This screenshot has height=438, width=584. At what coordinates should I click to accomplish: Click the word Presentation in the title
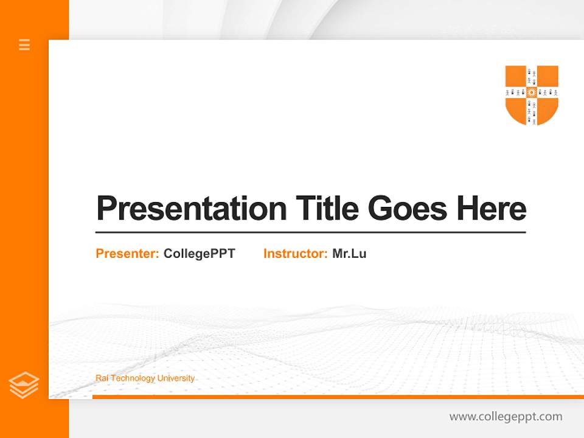(x=191, y=209)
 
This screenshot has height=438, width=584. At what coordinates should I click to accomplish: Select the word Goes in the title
(x=408, y=209)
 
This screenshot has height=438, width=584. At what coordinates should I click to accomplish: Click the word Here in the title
(x=492, y=209)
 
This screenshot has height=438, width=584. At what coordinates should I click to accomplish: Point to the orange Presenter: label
(x=127, y=254)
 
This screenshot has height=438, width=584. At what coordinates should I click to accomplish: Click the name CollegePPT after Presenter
(x=199, y=254)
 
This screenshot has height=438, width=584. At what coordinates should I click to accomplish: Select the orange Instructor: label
(x=295, y=254)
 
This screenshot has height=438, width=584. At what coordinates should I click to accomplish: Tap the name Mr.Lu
(x=349, y=254)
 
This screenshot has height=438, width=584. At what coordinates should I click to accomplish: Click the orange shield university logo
(x=532, y=95)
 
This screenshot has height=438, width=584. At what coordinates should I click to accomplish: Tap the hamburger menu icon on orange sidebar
(x=24, y=44)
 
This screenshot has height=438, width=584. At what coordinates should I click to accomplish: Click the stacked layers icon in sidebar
(x=24, y=385)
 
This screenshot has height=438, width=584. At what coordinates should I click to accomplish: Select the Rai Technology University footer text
(x=145, y=378)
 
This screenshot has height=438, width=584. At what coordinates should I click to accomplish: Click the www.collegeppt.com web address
(x=506, y=417)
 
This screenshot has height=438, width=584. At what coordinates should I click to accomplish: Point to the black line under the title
(x=310, y=232)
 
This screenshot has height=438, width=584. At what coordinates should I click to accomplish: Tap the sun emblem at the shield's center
(x=532, y=92)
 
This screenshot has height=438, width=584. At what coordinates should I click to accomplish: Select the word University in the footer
(x=176, y=378)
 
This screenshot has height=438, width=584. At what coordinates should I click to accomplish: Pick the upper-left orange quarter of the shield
(x=516, y=76)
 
